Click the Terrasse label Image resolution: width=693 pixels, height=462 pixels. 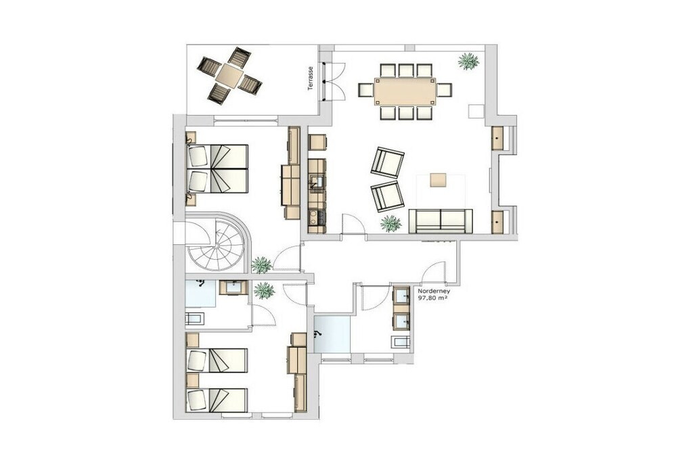coord(311,78)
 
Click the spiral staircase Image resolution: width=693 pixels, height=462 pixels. coord(217,246)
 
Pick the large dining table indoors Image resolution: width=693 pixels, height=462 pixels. coord(405,91)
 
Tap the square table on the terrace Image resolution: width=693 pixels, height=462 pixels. coord(229,76)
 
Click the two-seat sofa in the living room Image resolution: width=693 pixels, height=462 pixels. coord(441,221)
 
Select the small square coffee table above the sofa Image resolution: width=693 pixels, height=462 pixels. coord(439,181)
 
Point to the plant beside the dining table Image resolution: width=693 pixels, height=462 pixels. coord(468,62)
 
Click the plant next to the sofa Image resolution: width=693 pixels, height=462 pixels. coord(391,223)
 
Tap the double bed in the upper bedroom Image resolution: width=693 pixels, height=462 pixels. coord(217,168)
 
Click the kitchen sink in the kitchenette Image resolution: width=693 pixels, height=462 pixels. coord(317,181)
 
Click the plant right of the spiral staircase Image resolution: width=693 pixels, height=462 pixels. coord(261,265)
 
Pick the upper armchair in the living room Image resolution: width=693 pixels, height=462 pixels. coord(387,162)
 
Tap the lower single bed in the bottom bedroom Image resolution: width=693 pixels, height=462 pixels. coord(217,400)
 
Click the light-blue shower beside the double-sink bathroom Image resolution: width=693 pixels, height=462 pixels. coord(332,334)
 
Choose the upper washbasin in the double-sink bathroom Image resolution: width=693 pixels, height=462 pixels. coord(401,295)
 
